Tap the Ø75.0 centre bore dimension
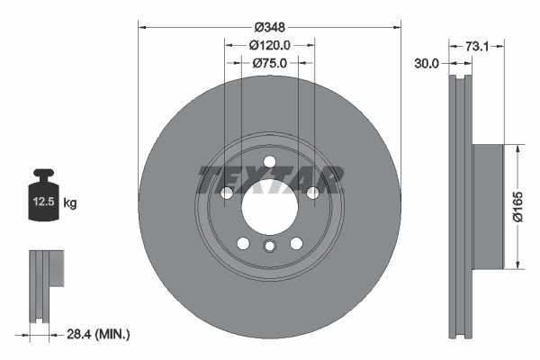[269, 63]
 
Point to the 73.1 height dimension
[477, 44]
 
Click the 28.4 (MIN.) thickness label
[100, 334]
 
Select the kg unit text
[70, 203]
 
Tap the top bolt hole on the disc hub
[269, 161]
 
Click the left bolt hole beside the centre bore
[227, 193]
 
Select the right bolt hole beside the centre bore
[312, 193]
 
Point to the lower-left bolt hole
[243, 243]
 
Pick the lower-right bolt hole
[296, 243]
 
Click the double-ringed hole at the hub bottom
[269, 248]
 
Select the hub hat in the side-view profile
[485, 206]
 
